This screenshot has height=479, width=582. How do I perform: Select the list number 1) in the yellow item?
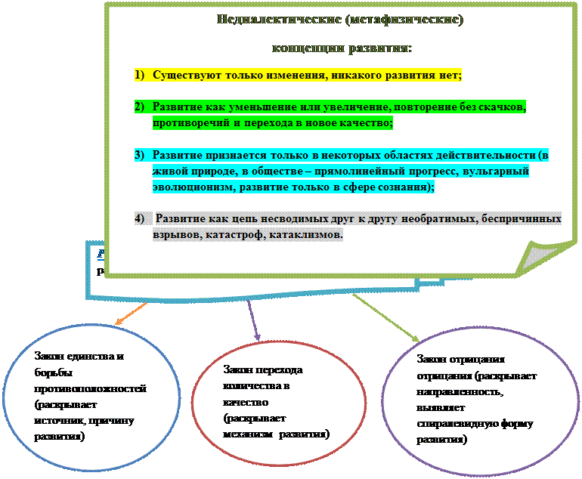click(140, 76)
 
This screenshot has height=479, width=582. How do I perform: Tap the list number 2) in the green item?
click(140, 107)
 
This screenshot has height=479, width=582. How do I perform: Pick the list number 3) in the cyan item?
click(140, 155)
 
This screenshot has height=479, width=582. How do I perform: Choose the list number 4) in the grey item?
click(140, 219)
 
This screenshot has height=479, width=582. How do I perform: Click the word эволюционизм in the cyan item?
click(189, 187)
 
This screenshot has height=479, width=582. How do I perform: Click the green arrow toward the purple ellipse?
click(385, 317)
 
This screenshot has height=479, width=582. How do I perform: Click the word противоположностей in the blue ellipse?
click(90, 388)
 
